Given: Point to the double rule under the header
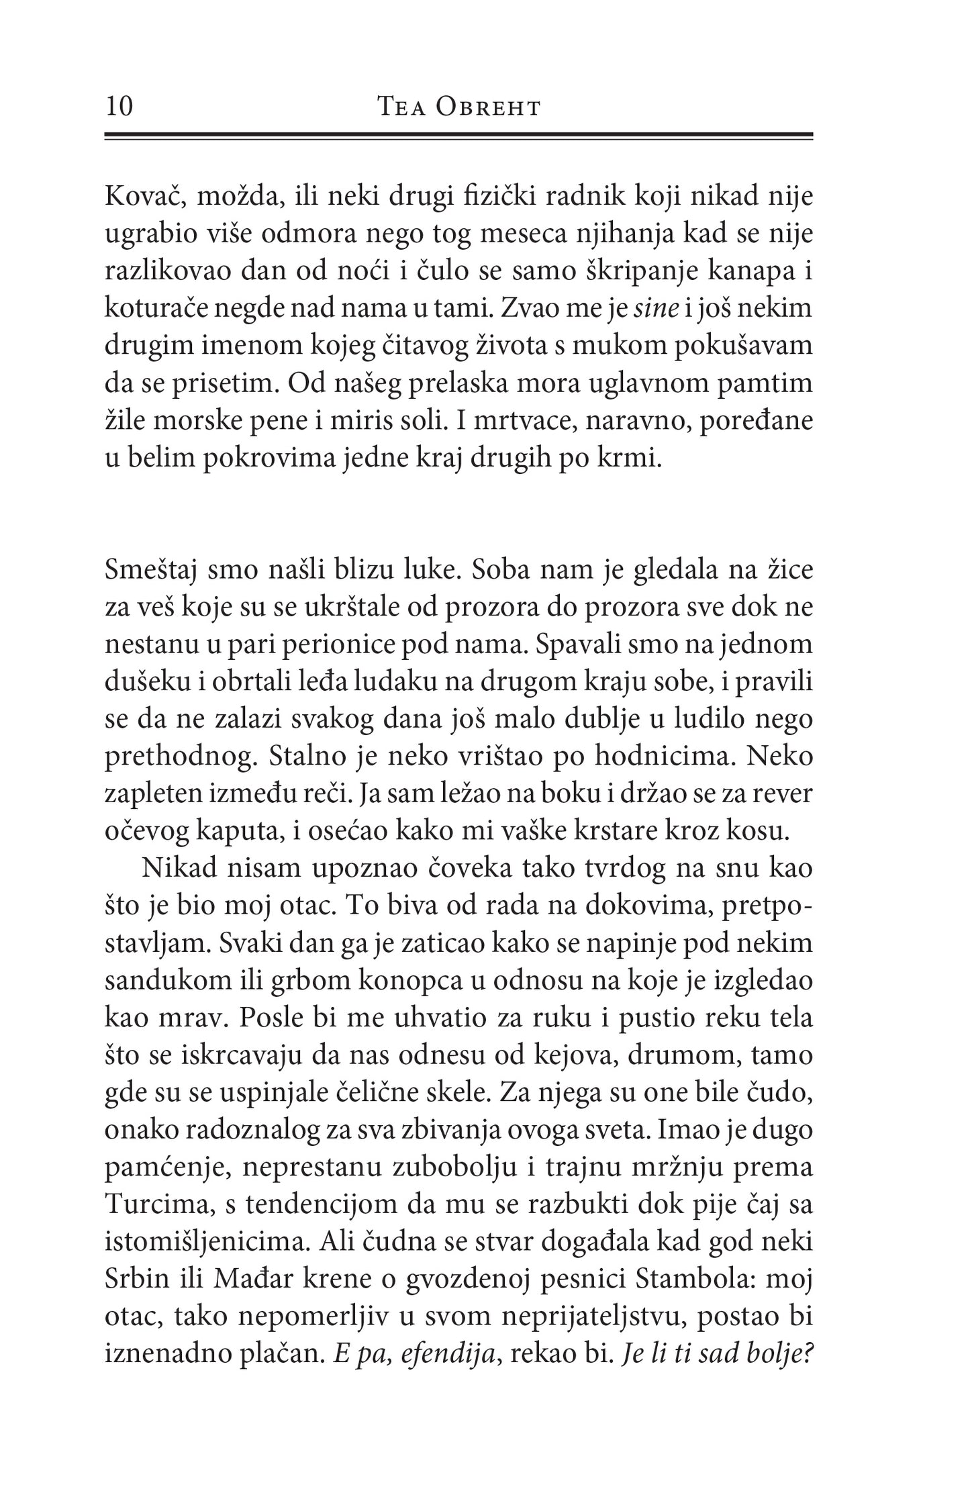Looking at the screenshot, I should [x=458, y=136].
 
